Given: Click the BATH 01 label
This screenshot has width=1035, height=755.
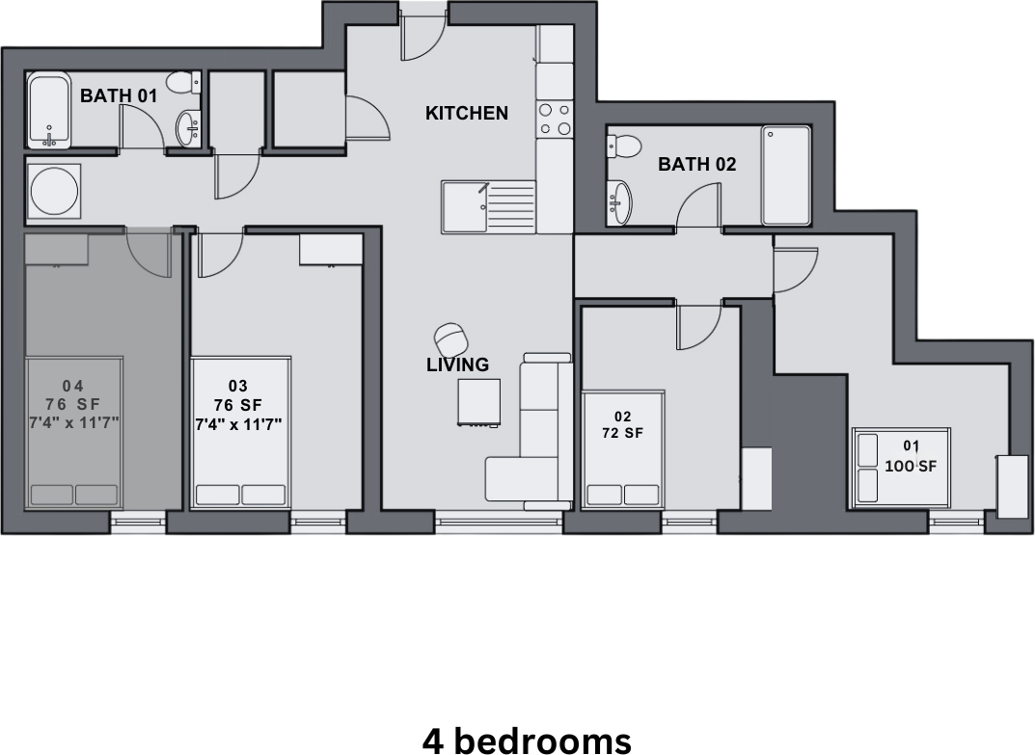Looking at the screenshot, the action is click(x=119, y=95).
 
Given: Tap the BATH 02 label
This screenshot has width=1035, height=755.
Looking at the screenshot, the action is click(x=696, y=164).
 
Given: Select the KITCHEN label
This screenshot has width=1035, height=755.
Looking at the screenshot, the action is click(x=467, y=113).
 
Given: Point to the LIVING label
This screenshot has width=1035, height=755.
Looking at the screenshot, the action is click(x=457, y=364).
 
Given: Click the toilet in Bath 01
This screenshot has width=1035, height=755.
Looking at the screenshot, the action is click(x=183, y=84).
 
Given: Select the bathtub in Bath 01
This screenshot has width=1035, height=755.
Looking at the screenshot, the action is click(x=49, y=110).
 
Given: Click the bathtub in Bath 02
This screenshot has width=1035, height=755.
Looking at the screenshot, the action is click(x=785, y=175).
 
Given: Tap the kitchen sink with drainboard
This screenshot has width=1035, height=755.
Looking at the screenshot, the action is click(x=488, y=206).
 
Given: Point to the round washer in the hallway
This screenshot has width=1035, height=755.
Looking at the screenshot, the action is click(x=53, y=191).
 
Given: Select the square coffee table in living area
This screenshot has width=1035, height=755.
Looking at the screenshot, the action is click(x=479, y=401).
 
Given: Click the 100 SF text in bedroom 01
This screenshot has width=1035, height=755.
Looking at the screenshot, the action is click(x=911, y=466).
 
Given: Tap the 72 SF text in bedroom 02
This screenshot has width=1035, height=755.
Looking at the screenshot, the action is click(x=622, y=434).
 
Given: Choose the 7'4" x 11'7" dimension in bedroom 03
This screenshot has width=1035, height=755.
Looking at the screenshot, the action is click(x=238, y=423).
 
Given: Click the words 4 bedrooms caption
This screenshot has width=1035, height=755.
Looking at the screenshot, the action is click(x=526, y=741).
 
